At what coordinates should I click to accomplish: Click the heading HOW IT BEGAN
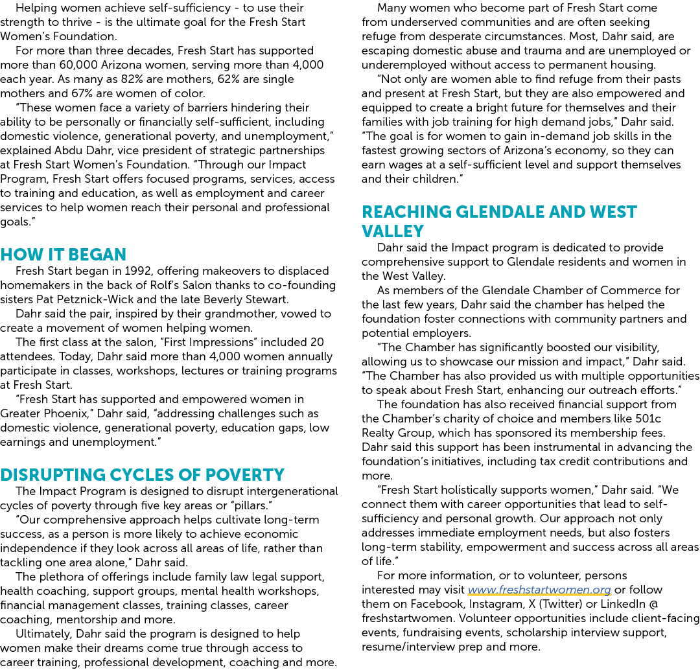[64, 255]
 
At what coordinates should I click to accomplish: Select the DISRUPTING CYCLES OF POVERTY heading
[143, 474]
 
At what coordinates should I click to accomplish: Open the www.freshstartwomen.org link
[539, 590]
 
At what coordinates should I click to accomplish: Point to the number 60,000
[78, 65]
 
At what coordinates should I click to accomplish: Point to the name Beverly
[226, 299]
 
